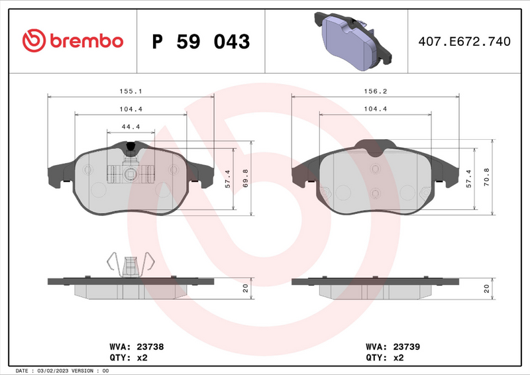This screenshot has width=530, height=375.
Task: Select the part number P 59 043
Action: [x=201, y=42]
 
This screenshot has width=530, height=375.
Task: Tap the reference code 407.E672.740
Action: [x=464, y=42]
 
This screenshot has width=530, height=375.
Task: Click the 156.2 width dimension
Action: [x=376, y=92]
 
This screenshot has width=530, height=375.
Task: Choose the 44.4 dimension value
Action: [x=130, y=127]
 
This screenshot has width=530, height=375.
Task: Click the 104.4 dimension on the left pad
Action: [x=130, y=109]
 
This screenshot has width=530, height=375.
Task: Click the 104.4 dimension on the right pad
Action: [x=376, y=109]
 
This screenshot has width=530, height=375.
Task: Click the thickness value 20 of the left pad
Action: [x=246, y=289]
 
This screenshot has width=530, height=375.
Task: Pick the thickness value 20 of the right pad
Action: [x=487, y=289]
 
